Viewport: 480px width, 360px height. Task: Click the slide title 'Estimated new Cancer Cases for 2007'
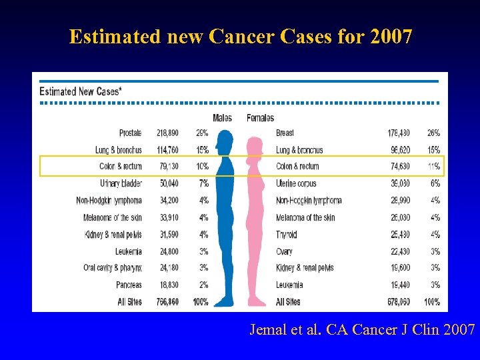click(240, 36)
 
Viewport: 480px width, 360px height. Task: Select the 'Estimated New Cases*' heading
click(80, 91)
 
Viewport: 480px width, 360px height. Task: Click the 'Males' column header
click(222, 118)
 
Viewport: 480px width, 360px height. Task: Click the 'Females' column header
click(260, 118)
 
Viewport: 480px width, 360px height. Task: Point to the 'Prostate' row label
click(130, 133)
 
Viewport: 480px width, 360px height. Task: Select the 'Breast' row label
click(285, 133)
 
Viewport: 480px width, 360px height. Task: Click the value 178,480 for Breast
click(399, 133)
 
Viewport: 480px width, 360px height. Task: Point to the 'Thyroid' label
click(287, 235)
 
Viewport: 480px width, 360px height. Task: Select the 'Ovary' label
click(284, 251)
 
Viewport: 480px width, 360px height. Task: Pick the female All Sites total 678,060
click(399, 302)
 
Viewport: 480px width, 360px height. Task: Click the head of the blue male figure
click(225, 141)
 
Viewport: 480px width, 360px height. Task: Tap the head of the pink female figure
click(254, 147)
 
